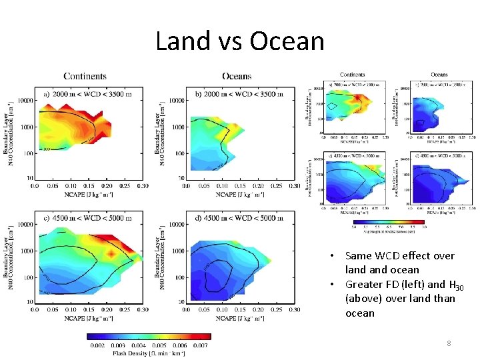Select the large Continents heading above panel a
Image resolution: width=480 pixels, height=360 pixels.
85,77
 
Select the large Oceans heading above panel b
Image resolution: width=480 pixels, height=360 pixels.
236,77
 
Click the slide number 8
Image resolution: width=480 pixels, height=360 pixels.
449,343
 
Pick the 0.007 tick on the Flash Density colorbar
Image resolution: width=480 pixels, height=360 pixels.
200,345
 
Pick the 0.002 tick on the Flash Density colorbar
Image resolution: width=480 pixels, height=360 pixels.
99,345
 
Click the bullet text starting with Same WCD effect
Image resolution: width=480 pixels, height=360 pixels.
399,263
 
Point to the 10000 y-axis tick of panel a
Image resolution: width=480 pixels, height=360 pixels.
25,101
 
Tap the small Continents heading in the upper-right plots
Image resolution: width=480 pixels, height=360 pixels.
352,75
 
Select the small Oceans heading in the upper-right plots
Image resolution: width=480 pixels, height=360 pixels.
439,75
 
